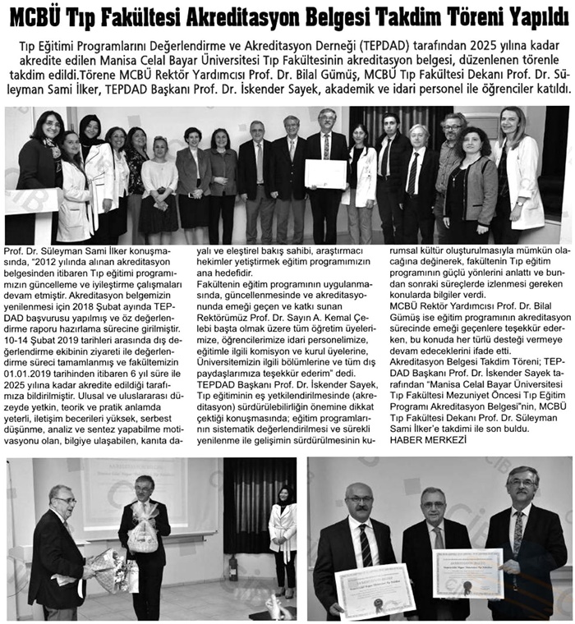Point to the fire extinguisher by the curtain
233,567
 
